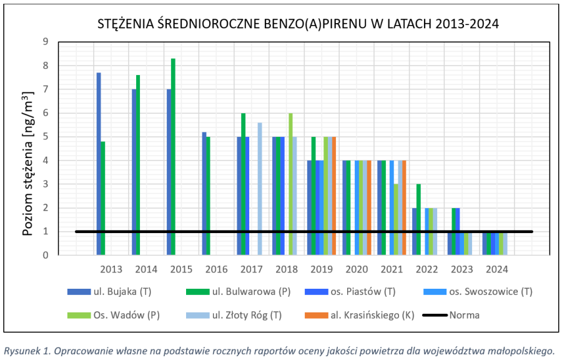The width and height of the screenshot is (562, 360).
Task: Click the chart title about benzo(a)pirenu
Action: click(298, 24)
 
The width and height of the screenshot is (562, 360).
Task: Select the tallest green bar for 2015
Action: click(173, 156)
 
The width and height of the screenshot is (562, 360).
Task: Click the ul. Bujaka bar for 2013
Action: click(99, 164)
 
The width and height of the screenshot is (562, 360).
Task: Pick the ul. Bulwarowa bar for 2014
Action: click(138, 165)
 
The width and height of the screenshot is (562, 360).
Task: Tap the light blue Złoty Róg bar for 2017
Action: click(260, 189)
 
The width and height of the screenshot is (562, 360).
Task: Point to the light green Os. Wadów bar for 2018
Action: click(290, 184)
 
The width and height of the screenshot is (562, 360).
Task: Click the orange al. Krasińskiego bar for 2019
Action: click(334, 196)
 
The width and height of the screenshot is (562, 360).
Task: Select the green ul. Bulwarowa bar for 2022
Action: click(419, 219)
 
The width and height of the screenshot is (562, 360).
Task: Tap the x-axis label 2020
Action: click(357, 269)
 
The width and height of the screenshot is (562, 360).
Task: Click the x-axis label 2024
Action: click(497, 269)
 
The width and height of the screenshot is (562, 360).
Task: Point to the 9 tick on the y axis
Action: click(45, 42)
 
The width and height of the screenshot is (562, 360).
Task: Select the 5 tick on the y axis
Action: click(45, 137)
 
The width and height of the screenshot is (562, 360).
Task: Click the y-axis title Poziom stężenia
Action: click(28, 164)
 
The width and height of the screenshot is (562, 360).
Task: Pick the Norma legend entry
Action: click(463, 315)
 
